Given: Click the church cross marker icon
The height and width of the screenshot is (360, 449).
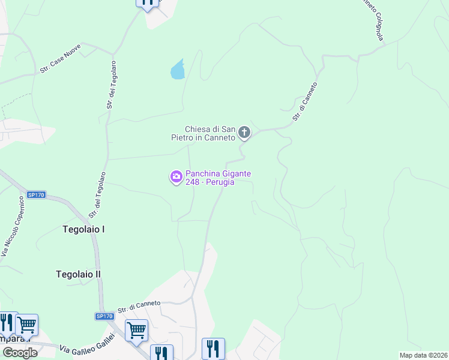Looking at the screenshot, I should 244,132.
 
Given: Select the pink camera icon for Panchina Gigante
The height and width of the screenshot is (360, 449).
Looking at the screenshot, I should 176,177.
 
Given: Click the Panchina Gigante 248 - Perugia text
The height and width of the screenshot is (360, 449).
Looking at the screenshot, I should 218,178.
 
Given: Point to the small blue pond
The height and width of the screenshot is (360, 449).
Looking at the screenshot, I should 178,70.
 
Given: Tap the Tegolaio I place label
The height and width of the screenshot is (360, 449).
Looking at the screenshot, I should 83,229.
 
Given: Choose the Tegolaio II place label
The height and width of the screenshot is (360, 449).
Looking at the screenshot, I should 78,274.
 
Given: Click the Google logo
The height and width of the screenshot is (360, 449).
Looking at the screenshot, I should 19,353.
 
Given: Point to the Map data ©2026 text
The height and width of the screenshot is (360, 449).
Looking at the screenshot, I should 423,355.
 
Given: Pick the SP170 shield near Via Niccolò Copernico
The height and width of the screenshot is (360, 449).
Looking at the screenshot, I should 36,195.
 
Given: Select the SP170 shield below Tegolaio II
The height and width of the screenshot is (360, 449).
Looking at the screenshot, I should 104,316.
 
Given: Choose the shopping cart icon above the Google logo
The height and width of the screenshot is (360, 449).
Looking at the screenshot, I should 26,325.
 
